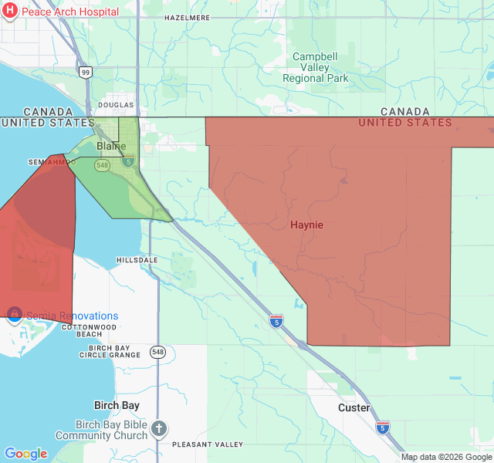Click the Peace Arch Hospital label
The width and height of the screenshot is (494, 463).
69,12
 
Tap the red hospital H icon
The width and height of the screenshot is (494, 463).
10,12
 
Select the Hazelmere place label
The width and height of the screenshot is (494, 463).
188,17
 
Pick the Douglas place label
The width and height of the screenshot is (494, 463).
116,105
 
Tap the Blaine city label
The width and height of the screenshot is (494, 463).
111,146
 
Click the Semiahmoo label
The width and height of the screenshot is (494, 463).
52,162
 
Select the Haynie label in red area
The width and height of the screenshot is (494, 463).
306,225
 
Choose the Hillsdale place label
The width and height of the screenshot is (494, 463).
137,260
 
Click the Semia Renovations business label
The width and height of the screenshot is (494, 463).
73,316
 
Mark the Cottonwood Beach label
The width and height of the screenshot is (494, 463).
89,330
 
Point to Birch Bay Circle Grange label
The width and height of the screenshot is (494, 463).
110,352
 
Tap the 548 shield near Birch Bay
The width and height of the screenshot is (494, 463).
158,352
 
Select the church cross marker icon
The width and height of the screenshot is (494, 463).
159,428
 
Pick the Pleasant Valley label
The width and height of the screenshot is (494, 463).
207,444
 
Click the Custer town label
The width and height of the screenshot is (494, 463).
354,407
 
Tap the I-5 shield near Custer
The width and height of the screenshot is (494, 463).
382,427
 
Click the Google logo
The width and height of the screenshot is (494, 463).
25,454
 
